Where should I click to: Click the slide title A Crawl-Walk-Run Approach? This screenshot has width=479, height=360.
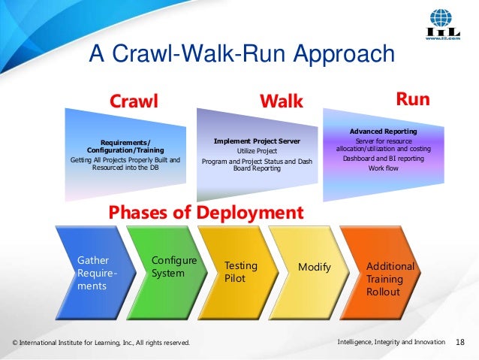point(241,54)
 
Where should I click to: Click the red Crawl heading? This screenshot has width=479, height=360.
point(134,101)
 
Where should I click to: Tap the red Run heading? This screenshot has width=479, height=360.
point(412,99)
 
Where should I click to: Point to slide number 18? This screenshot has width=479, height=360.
point(461,343)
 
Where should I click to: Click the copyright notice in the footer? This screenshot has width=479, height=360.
point(101,343)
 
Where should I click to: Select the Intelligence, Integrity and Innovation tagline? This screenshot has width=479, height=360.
point(391,343)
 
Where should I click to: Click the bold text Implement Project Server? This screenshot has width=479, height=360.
point(257,141)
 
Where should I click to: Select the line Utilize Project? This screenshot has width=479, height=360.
point(257,151)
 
